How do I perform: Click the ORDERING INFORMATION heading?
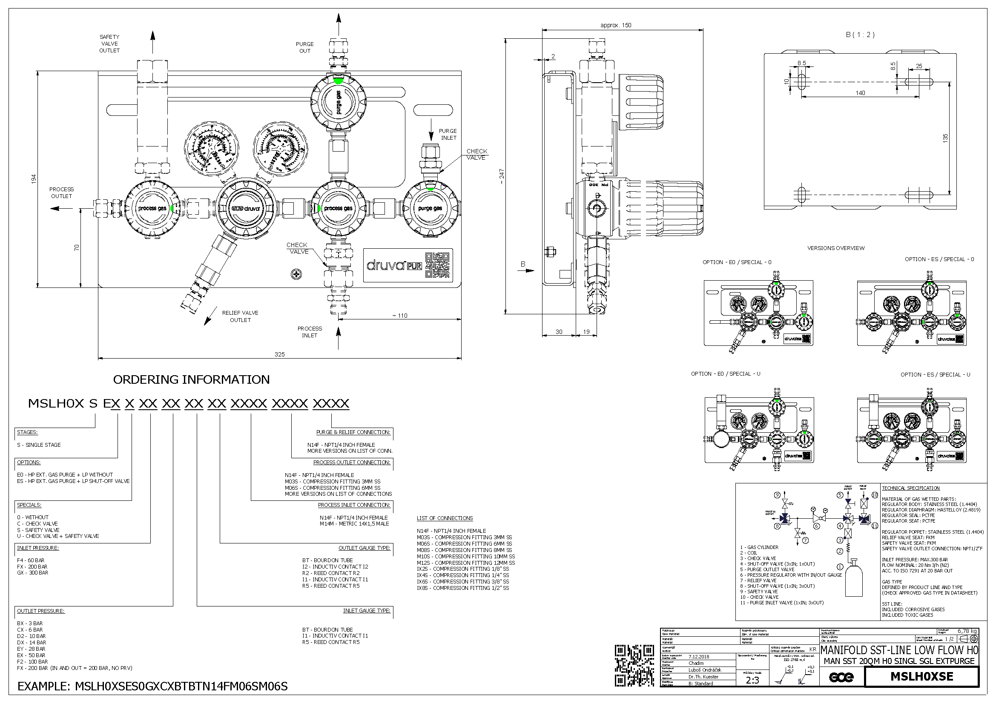191,379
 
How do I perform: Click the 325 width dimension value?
279,354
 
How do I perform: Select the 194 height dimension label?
34,179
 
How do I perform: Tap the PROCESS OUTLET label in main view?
62,193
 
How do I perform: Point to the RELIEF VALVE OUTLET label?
240,316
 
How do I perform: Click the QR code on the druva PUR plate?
438,264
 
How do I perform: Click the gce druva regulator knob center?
246,209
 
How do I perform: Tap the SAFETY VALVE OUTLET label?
109,44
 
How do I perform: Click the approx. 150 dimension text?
616,25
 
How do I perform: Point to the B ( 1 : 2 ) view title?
859,34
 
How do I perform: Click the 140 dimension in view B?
860,93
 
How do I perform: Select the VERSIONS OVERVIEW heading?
835,248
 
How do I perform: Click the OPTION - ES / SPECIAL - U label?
935,374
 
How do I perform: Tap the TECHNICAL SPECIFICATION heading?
910,488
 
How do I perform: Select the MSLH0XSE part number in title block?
921,677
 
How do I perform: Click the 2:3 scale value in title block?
752,680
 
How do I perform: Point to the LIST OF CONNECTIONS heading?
445,518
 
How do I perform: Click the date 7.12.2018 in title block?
699,657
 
